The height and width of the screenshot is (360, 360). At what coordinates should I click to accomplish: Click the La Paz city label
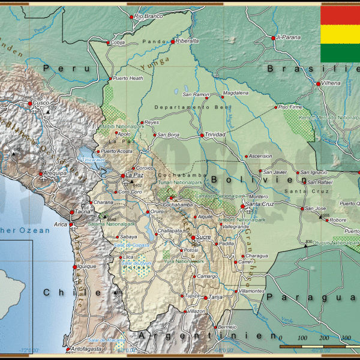pos(135,175)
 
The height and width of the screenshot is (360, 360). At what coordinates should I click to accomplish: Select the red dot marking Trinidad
pos(202,135)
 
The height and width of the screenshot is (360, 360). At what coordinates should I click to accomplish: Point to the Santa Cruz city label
pos(260,205)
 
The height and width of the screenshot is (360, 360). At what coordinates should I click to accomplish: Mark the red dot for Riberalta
pos(173,41)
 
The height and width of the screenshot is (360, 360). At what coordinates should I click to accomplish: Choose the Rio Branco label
pos(148,16)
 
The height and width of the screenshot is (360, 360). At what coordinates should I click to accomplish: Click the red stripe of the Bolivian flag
pos(340,14)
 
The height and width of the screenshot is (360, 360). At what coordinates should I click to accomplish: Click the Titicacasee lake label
pos(94,161)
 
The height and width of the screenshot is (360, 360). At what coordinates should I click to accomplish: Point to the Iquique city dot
pos(75,266)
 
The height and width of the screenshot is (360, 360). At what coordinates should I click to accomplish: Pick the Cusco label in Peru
pos(41,103)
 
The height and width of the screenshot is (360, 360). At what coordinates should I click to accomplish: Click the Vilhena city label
pos(331,83)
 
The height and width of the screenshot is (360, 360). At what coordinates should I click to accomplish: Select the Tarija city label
pos(215,297)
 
